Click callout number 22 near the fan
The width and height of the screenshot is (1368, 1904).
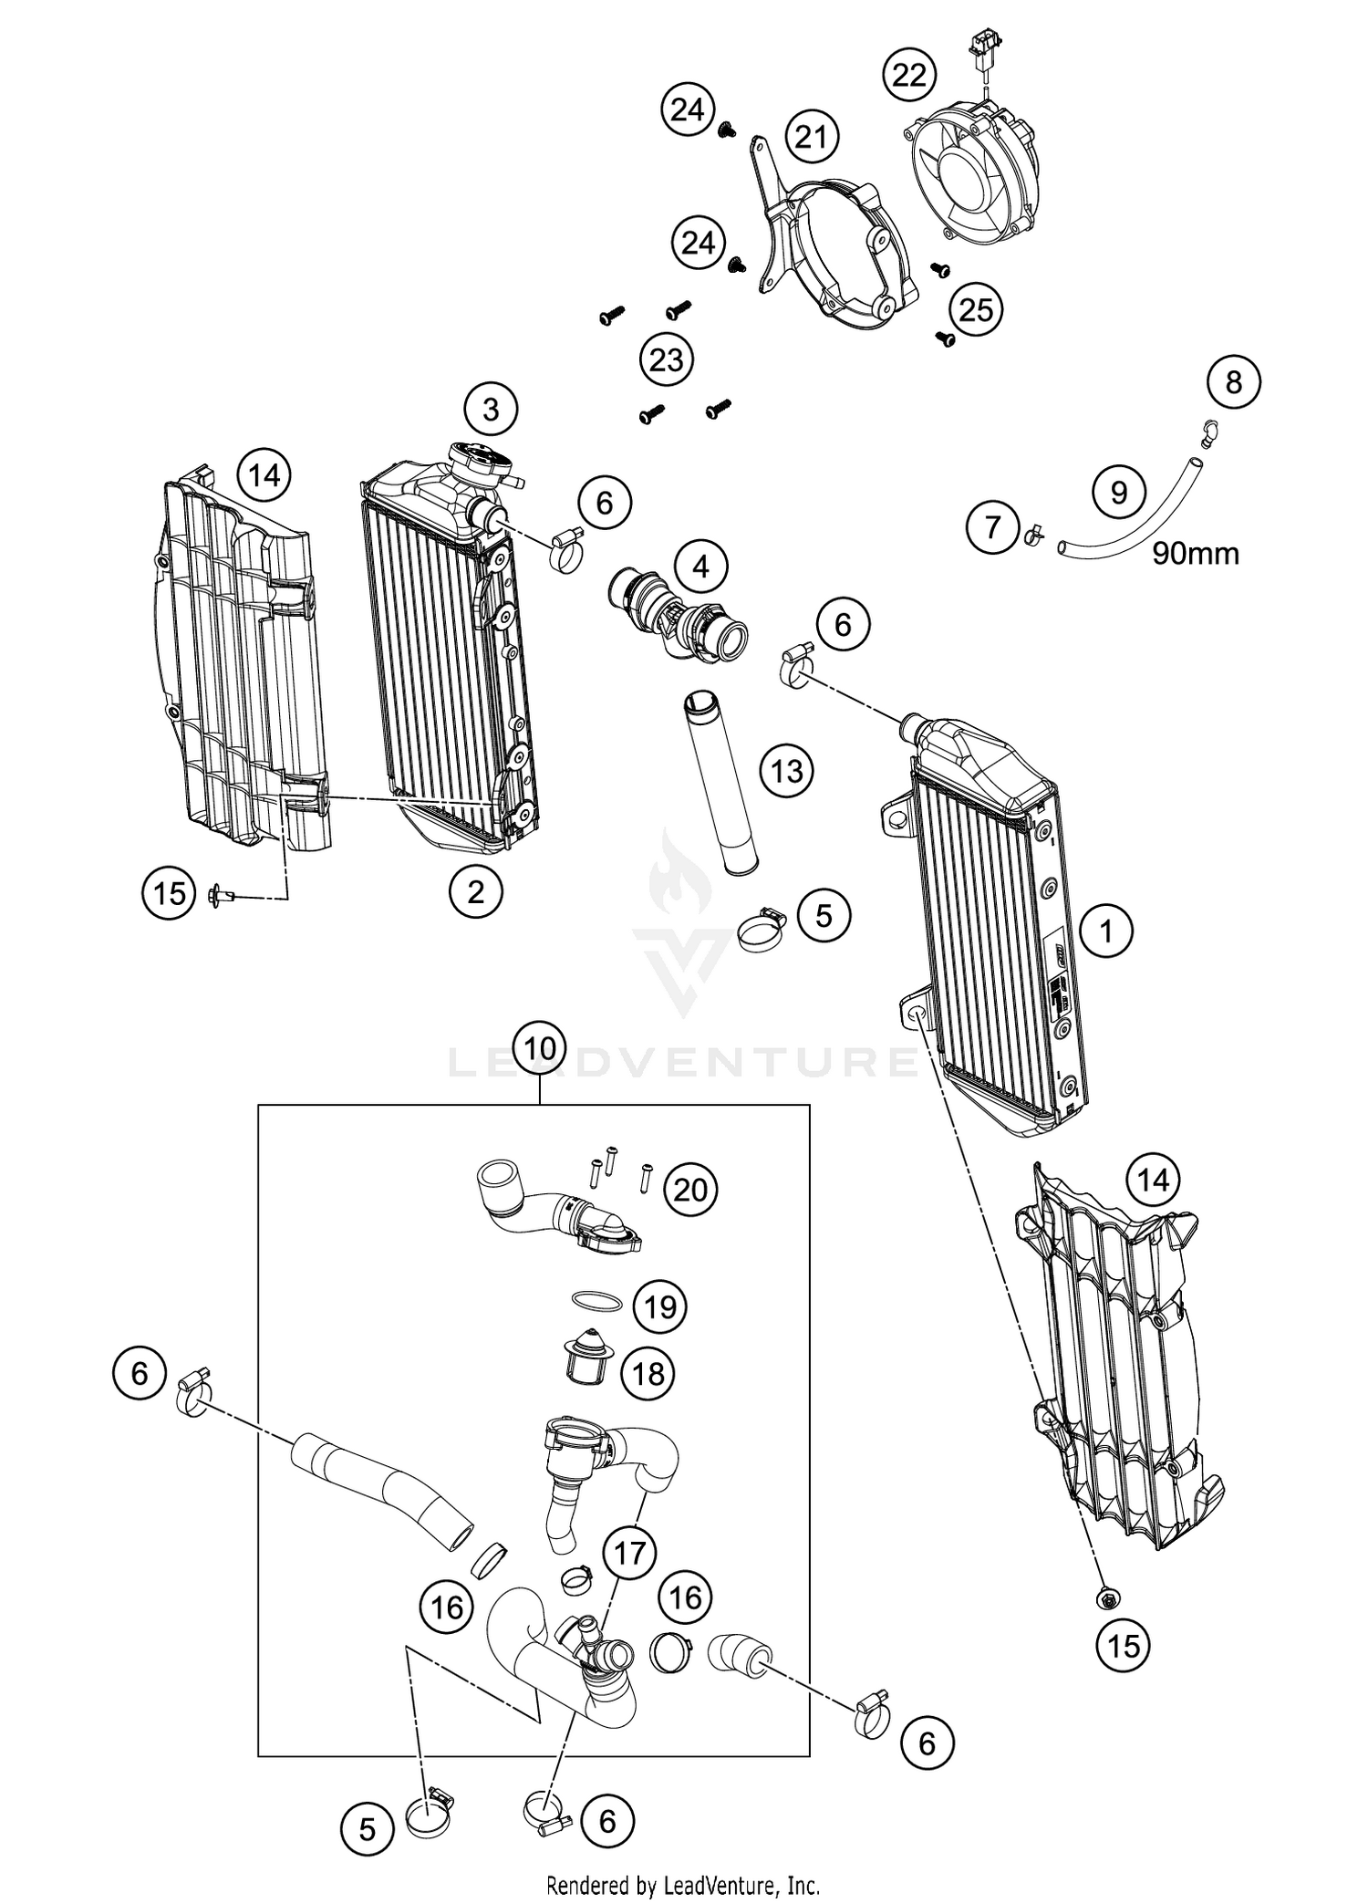[x=909, y=74]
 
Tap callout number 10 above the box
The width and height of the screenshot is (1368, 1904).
[x=540, y=1048]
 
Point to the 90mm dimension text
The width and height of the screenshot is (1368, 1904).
[x=1195, y=553]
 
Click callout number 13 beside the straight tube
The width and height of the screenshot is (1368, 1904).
[x=787, y=771]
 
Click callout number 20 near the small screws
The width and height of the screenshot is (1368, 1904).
[x=690, y=1190]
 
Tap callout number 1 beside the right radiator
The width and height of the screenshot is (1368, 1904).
[x=1106, y=931]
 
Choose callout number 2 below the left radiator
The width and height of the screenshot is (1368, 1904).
[x=475, y=891]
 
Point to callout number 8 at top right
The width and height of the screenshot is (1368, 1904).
[x=1233, y=381]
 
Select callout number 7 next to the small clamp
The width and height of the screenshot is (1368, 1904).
[x=993, y=526]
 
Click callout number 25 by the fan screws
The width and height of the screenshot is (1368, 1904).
[x=975, y=309]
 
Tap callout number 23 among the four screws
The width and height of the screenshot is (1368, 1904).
[x=667, y=359]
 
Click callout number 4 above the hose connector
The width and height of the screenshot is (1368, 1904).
[x=700, y=567]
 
